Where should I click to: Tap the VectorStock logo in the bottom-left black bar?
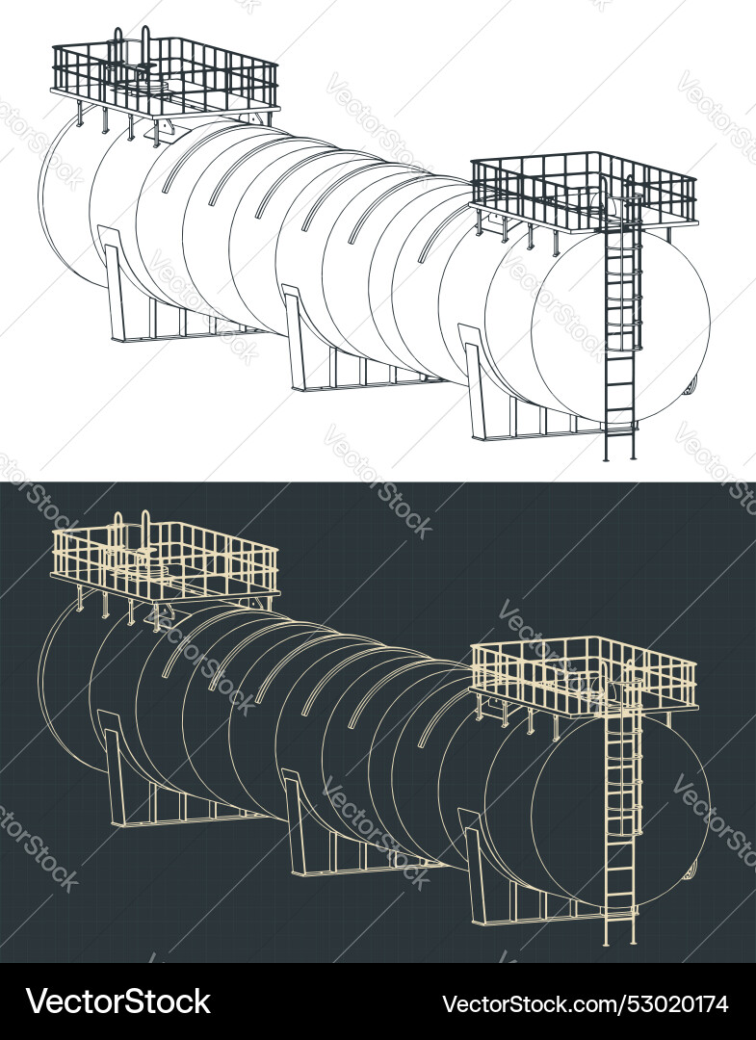click(117, 1001)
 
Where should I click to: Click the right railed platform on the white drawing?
click(584, 193)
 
